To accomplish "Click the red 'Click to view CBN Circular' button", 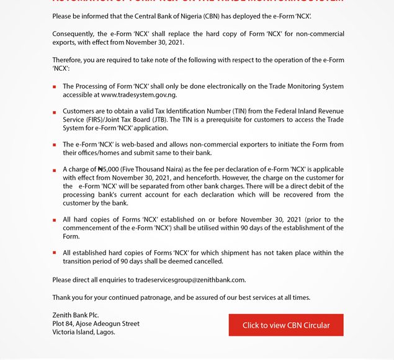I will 286,325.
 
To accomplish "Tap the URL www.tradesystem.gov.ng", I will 139,95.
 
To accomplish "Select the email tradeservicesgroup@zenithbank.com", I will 190,280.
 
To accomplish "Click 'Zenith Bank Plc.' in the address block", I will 76,315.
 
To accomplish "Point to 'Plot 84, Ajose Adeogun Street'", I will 96,323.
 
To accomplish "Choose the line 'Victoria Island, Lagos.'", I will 83,332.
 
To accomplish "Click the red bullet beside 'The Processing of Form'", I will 55,87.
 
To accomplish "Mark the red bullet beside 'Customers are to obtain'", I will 55,112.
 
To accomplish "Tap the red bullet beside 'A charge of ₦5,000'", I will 55,169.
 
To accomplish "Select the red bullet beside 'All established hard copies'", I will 55,253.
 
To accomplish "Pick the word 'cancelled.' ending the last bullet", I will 208,261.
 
